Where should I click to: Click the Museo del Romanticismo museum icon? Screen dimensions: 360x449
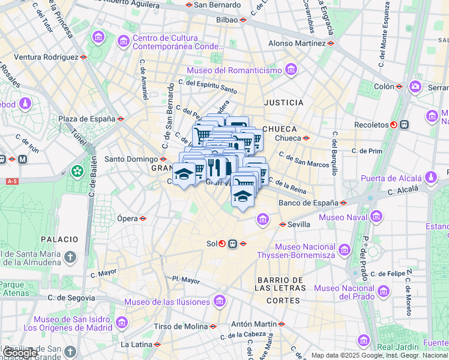(291, 70)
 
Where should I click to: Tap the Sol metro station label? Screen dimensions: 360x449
(211, 244)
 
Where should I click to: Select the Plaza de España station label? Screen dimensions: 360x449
(86, 119)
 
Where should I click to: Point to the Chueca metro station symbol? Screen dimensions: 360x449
(306, 138)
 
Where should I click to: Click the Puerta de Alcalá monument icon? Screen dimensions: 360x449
(430, 178)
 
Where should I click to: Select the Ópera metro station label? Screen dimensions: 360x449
(127, 218)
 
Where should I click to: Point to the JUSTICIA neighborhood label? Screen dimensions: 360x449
(283, 103)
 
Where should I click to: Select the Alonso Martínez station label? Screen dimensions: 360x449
(297, 43)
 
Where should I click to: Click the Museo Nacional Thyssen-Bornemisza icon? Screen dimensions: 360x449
(344, 249)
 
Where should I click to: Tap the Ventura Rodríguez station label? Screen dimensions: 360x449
(46, 57)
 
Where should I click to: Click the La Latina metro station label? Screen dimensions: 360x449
(136, 344)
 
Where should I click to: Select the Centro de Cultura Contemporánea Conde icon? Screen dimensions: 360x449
(124, 41)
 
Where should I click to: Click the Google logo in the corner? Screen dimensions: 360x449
(20, 353)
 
